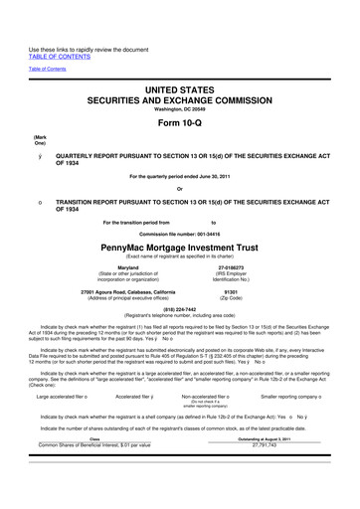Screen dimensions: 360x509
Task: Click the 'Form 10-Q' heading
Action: pyautogui.click(x=179, y=115)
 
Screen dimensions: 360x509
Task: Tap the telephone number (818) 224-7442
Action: pyautogui.click(x=179, y=308)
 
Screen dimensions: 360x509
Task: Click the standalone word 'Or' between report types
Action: pyautogui.click(x=179, y=192)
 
